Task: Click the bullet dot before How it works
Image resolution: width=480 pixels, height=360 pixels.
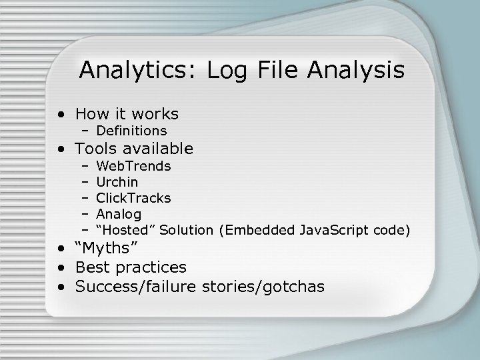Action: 61,115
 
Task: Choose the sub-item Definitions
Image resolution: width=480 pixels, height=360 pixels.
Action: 131,131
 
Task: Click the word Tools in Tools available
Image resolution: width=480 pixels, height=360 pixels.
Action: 96,148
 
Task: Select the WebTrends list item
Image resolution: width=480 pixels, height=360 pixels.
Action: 133,165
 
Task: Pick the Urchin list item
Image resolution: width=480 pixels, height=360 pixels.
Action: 117,181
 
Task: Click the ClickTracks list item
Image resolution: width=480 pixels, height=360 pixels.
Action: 133,198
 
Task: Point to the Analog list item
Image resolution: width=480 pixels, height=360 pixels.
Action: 119,214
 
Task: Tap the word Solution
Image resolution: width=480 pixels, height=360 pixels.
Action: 187,230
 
